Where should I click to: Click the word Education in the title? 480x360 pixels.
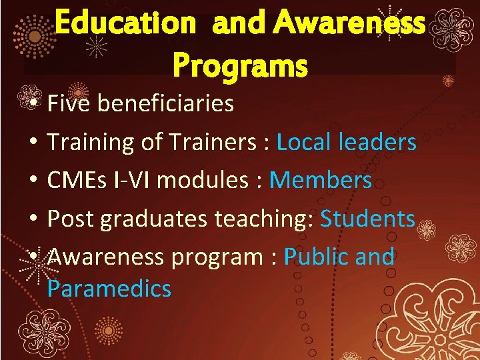[x=125, y=25]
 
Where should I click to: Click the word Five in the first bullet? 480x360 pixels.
[x=69, y=103]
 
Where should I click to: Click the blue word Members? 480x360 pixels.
[x=321, y=180]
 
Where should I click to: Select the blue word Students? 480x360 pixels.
[x=368, y=219]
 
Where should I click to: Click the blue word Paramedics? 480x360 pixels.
[x=109, y=289]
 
